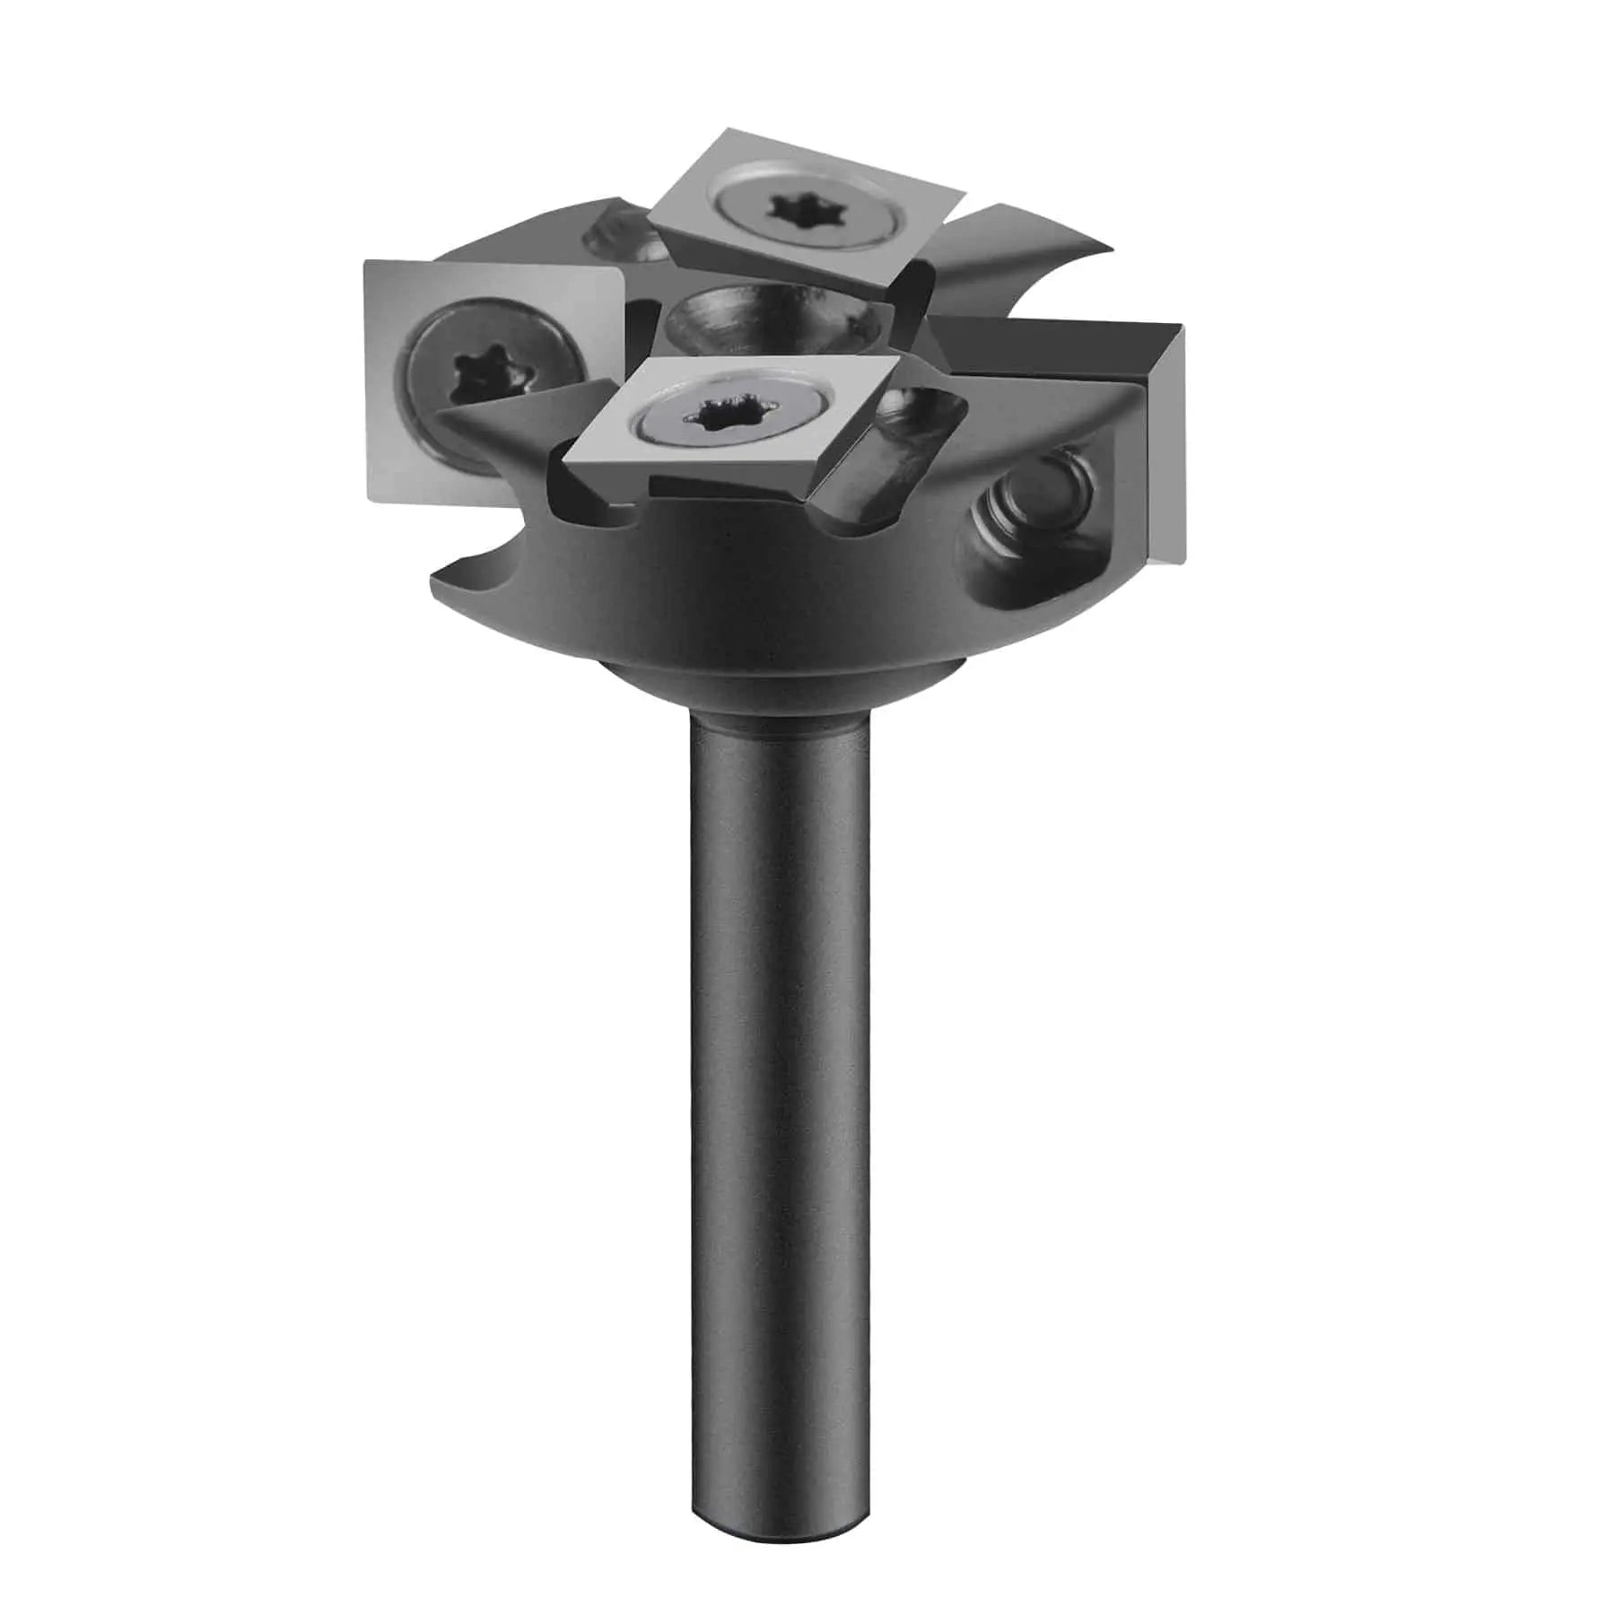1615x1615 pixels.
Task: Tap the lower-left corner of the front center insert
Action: [x=563, y=469]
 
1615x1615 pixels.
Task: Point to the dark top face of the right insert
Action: [x=1041, y=354]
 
